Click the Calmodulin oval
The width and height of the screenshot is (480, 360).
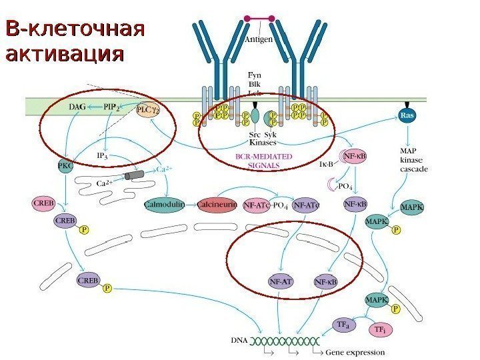click(164, 205)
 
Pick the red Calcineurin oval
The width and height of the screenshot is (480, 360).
click(217, 205)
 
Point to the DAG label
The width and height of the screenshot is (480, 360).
click(79, 106)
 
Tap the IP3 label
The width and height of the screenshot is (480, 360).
click(103, 156)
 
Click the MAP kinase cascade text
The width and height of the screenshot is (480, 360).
click(413, 160)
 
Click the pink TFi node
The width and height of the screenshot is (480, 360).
click(379, 329)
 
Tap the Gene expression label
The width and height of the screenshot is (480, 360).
click(357, 352)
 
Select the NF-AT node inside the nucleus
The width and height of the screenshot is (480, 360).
click(281, 282)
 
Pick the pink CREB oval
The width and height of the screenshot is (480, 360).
click(44, 201)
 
